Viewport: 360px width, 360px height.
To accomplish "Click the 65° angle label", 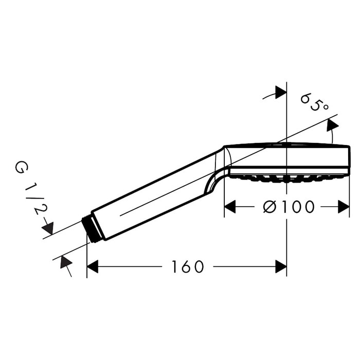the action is [x=315, y=102].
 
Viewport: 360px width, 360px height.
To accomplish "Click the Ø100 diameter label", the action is [x=289, y=207].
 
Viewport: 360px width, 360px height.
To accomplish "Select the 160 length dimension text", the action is [x=188, y=266].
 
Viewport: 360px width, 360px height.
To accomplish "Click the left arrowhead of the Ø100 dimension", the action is [x=230, y=207].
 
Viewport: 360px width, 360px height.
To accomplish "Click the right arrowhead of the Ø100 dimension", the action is [x=344, y=207].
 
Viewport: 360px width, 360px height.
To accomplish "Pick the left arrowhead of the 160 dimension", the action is [x=93, y=266].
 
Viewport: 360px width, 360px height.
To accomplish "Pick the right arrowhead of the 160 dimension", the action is [x=281, y=266].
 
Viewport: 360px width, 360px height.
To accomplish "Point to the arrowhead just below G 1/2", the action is [x=48, y=228].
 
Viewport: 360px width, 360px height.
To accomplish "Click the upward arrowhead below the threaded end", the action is [x=66, y=262].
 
